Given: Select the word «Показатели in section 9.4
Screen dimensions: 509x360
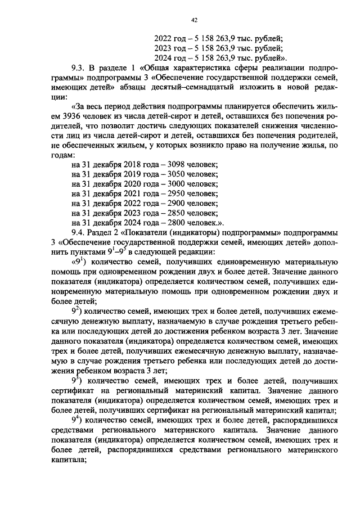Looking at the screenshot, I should (x=145, y=232).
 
